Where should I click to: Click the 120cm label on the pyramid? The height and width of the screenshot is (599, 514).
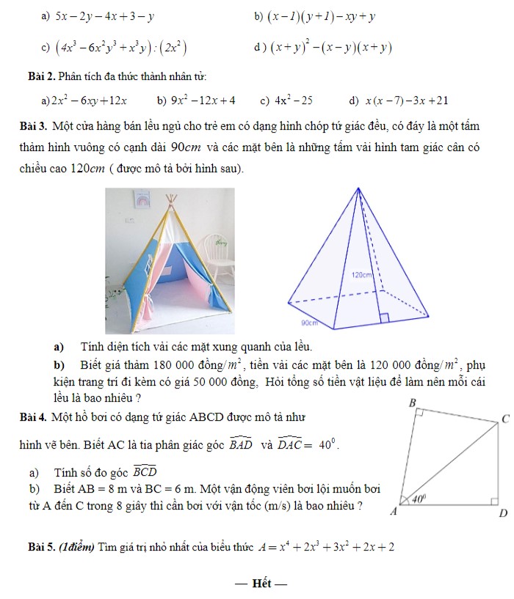[x=363, y=275]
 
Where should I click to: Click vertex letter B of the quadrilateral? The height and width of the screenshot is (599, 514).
[x=412, y=403]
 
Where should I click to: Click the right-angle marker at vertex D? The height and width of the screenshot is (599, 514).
[x=494, y=501]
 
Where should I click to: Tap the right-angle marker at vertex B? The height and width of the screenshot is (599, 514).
[x=418, y=414]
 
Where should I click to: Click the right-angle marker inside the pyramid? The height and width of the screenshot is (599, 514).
[x=383, y=317]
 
